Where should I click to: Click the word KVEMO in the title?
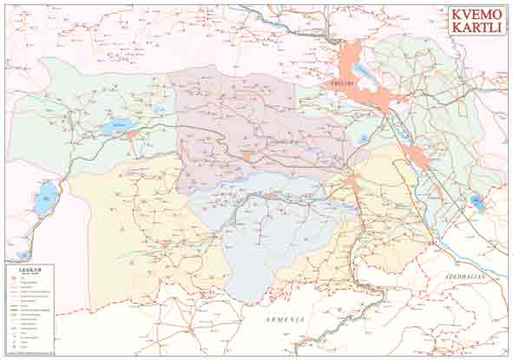click(476, 15)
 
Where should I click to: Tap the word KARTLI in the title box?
click(476, 29)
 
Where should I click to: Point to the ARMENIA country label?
click(287, 320)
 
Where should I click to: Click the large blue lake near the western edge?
click(45, 199)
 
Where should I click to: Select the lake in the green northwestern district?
click(114, 128)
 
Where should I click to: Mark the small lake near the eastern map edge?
click(476, 202)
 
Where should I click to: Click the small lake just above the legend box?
click(23, 255)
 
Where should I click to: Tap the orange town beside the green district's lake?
click(132, 135)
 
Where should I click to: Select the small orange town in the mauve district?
click(247, 157)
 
